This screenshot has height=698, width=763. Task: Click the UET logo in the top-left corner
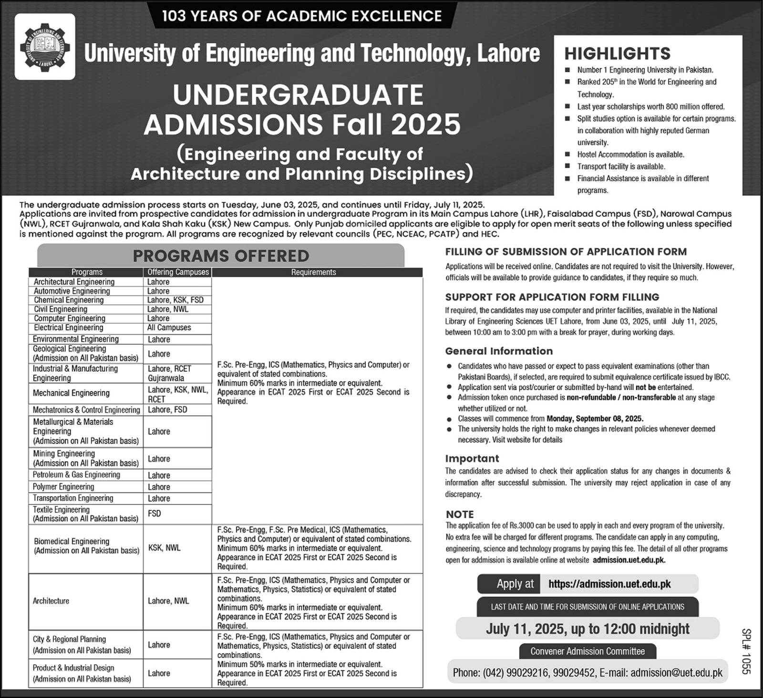pos(45,46)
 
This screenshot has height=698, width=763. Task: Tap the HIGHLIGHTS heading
pos(618,53)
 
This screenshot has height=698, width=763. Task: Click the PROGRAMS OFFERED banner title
pos(221,256)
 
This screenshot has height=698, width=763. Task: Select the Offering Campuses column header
pos(178,272)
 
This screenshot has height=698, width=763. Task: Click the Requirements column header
pos(313,272)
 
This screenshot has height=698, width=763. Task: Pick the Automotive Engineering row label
pos(72,291)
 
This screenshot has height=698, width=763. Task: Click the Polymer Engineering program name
pos(63,487)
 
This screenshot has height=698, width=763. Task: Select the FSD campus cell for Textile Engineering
pos(155,513)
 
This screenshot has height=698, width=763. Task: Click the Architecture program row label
pos(51,601)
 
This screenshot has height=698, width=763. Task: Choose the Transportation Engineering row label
pos(73,498)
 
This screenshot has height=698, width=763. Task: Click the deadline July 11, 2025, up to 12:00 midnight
pos(588,628)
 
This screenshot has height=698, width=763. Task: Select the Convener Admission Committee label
pos(587,651)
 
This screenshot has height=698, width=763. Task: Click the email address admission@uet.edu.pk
pos(676,673)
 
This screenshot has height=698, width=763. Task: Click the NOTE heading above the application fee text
pos(460,514)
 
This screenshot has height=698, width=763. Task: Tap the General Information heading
pos(499,351)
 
